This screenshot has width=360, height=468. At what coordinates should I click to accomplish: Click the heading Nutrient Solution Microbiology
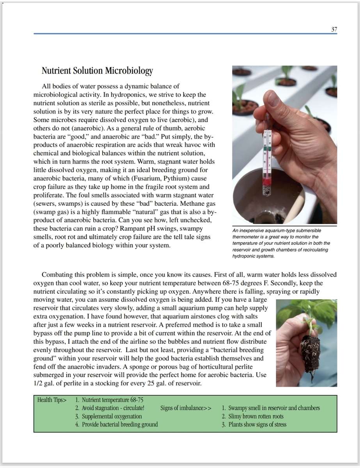pos(97,71)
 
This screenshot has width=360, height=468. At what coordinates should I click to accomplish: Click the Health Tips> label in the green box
pos(52,400)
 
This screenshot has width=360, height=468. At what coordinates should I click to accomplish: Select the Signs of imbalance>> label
pos(186,408)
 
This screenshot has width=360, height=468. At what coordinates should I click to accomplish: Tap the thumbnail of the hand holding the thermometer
pos(284,144)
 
